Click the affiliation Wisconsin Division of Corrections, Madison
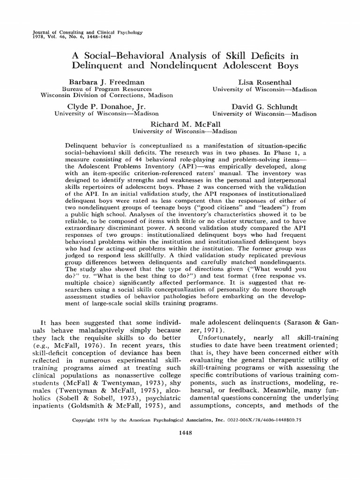pos(107,95)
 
